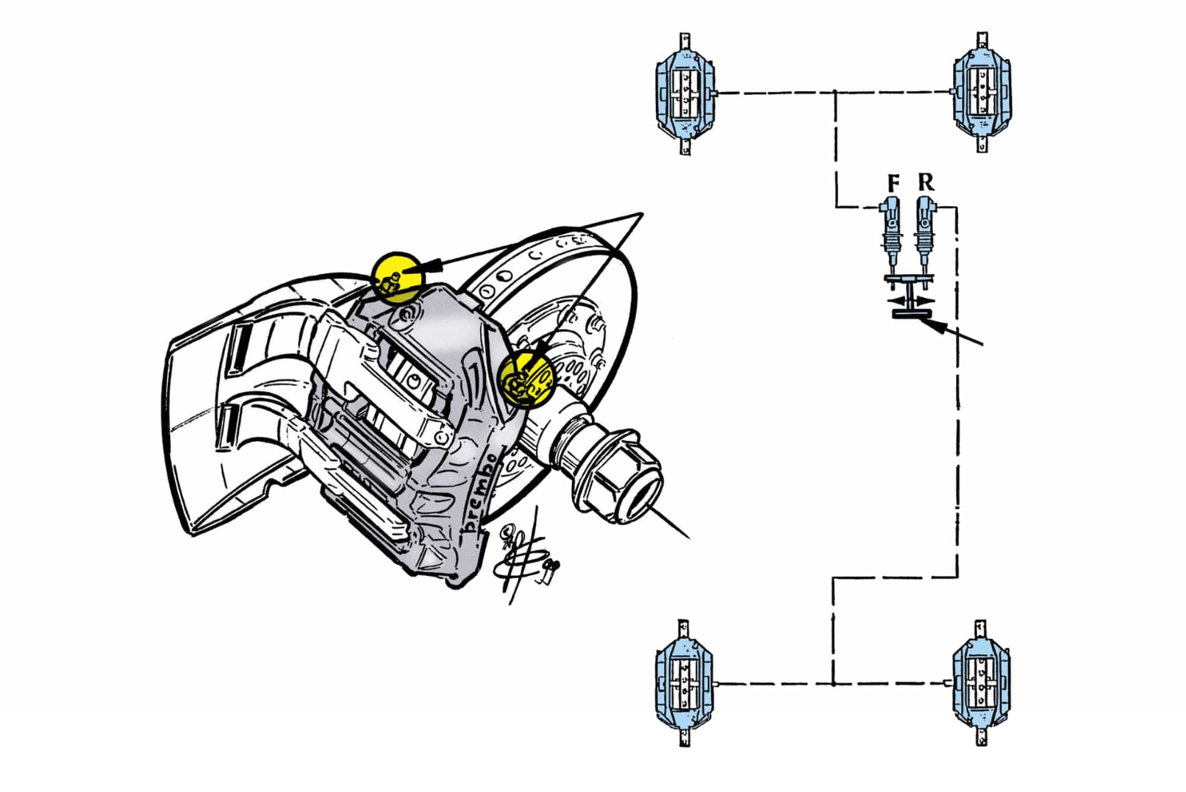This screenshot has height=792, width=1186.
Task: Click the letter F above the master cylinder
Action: tap(893, 182)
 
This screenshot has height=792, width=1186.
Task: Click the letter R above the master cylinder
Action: tap(926, 182)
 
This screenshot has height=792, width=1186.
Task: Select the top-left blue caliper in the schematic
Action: tap(685, 93)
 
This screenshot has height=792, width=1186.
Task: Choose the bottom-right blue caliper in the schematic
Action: tap(980, 683)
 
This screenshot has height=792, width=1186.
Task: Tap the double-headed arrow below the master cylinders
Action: tap(910, 300)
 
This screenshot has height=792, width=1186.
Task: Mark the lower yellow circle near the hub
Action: tap(525, 379)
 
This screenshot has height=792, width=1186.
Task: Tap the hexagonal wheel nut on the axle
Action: tap(624, 478)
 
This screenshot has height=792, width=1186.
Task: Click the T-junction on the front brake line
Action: tap(836, 93)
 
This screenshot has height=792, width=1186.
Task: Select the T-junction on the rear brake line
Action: tap(833, 683)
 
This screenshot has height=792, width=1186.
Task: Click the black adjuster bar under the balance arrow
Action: tap(910, 315)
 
